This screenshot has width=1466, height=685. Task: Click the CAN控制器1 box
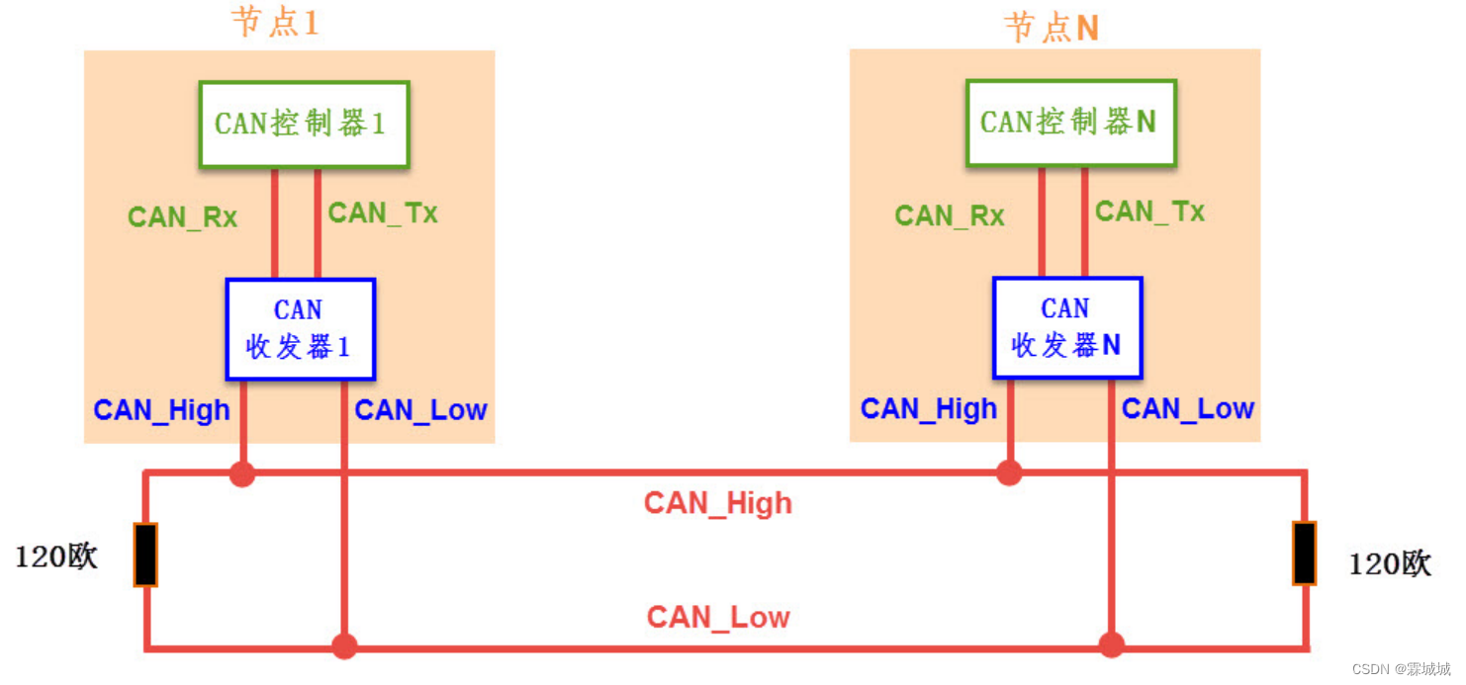click(x=304, y=124)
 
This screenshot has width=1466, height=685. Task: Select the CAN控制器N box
click(x=1070, y=123)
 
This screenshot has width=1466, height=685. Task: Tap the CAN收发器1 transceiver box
click(x=300, y=329)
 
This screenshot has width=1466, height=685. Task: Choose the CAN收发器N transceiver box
click(x=1067, y=327)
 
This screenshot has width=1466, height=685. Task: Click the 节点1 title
click(x=276, y=22)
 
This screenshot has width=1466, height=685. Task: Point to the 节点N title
click(x=1052, y=27)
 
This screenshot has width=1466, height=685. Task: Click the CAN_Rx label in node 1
click(x=183, y=217)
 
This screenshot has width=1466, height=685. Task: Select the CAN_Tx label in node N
click(x=1149, y=212)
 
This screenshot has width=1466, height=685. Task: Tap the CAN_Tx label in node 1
click(x=383, y=214)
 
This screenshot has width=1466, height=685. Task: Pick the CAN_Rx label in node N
click(x=950, y=216)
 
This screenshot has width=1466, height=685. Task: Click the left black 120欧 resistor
click(x=145, y=555)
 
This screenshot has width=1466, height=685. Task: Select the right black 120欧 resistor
click(x=1305, y=553)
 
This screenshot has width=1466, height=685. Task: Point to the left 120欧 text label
click(x=56, y=557)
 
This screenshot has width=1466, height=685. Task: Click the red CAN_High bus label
click(x=718, y=503)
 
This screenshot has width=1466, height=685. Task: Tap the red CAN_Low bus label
click(x=718, y=618)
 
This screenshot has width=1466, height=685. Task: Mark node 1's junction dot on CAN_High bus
click(x=242, y=474)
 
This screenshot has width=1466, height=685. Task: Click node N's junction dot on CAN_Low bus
click(x=1112, y=645)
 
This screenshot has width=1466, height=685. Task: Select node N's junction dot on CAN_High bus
click(x=1009, y=472)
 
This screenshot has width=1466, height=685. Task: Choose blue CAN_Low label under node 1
click(x=420, y=410)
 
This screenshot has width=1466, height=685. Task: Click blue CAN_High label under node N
click(x=928, y=409)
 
